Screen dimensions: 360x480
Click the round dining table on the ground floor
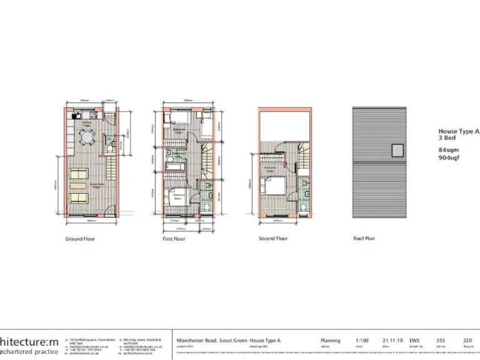[x=87, y=136]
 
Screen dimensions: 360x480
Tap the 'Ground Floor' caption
[x=81, y=239]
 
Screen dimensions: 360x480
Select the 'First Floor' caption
[x=174, y=239]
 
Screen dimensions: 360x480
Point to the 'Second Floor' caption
[x=273, y=239]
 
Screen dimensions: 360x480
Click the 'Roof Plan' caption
[x=364, y=239]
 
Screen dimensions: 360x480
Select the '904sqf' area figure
[x=449, y=159]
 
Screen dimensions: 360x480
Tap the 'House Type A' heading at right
[x=458, y=132]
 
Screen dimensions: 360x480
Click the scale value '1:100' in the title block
[x=362, y=341]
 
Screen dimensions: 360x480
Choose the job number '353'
[x=440, y=341]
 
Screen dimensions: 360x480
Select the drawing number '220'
[x=467, y=341]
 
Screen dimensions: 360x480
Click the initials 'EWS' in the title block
[x=414, y=341]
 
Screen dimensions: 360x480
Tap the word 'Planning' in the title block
[x=330, y=341]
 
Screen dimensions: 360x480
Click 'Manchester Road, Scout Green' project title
[x=212, y=341]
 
